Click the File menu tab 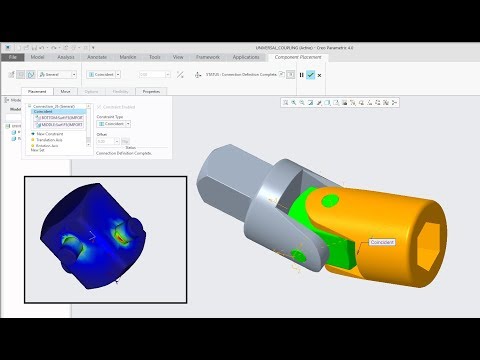point(15,57)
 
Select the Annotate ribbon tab point(98,57)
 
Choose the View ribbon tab point(178,57)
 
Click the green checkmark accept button point(312,74)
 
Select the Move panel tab point(65,91)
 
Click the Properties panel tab point(151,91)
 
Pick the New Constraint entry point(47,133)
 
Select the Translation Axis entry point(49,139)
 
